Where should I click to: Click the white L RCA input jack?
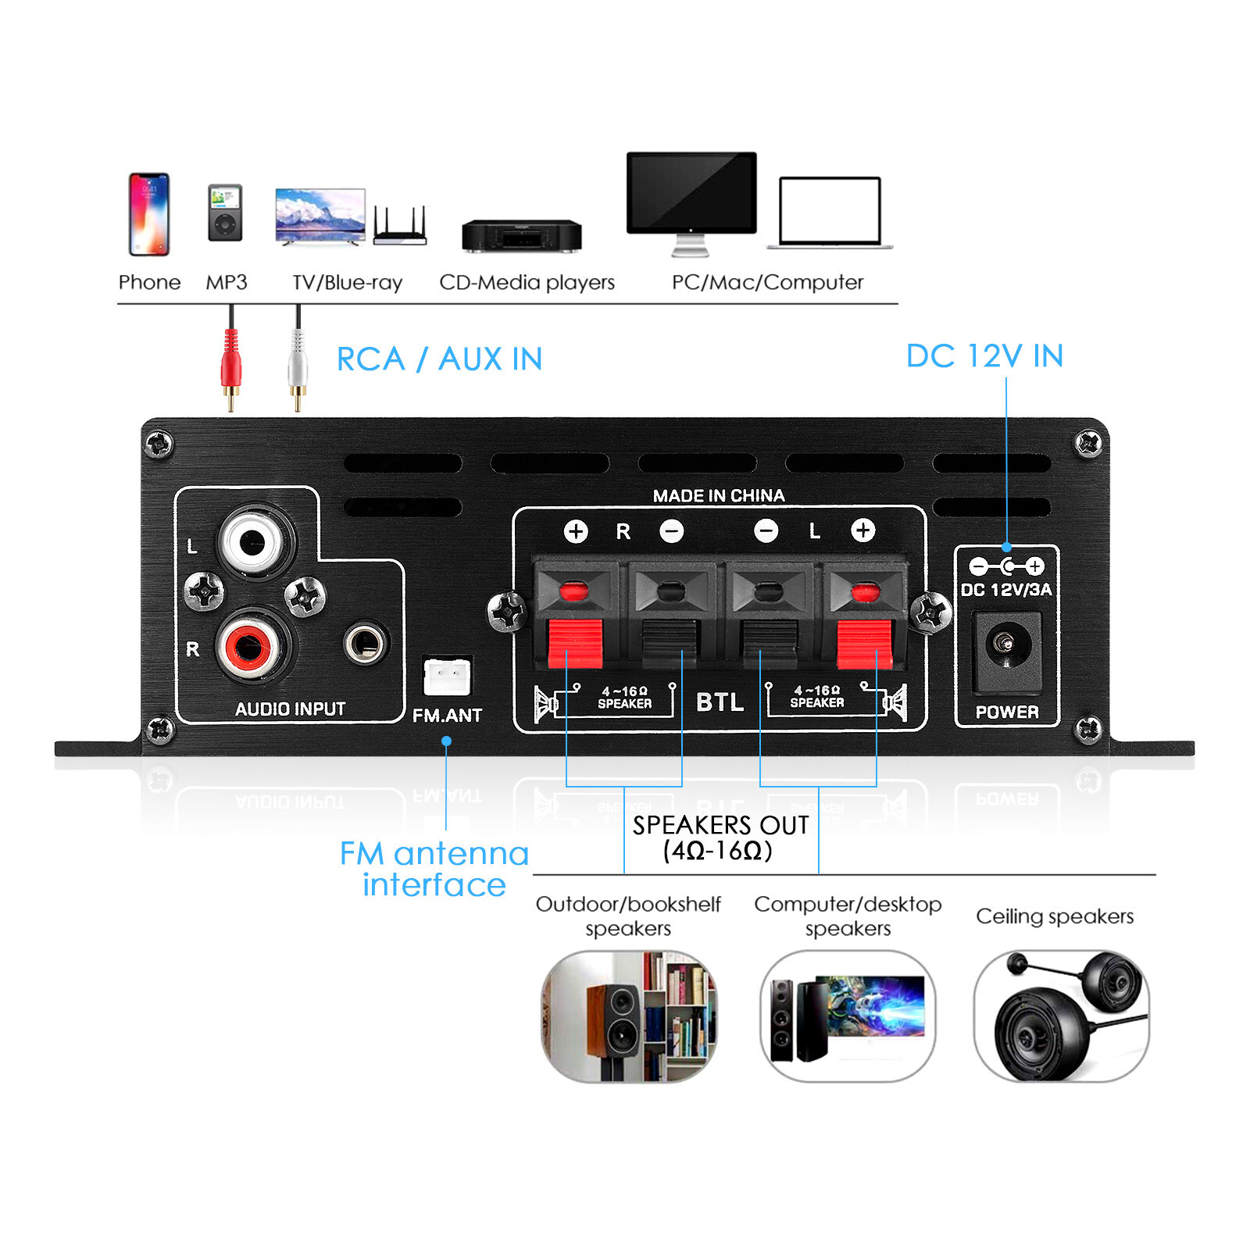tap(252, 541)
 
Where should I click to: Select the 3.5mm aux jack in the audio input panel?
tap(365, 644)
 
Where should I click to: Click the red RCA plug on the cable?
tap(230, 362)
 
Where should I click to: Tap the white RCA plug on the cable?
tap(297, 362)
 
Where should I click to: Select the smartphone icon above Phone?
tap(148, 214)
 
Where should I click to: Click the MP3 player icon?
tap(225, 212)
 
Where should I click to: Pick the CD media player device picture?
tap(521, 235)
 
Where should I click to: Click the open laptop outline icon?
tap(830, 212)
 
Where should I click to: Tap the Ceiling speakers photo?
tap(1061, 1016)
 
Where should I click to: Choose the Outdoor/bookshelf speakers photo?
tap(628, 1016)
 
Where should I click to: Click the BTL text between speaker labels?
tap(720, 702)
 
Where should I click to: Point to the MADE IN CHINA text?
tap(718, 495)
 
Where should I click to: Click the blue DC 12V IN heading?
tap(984, 356)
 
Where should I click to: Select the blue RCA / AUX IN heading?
tap(439, 359)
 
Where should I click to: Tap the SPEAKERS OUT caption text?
tap(720, 826)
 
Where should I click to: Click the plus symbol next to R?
tap(576, 531)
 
